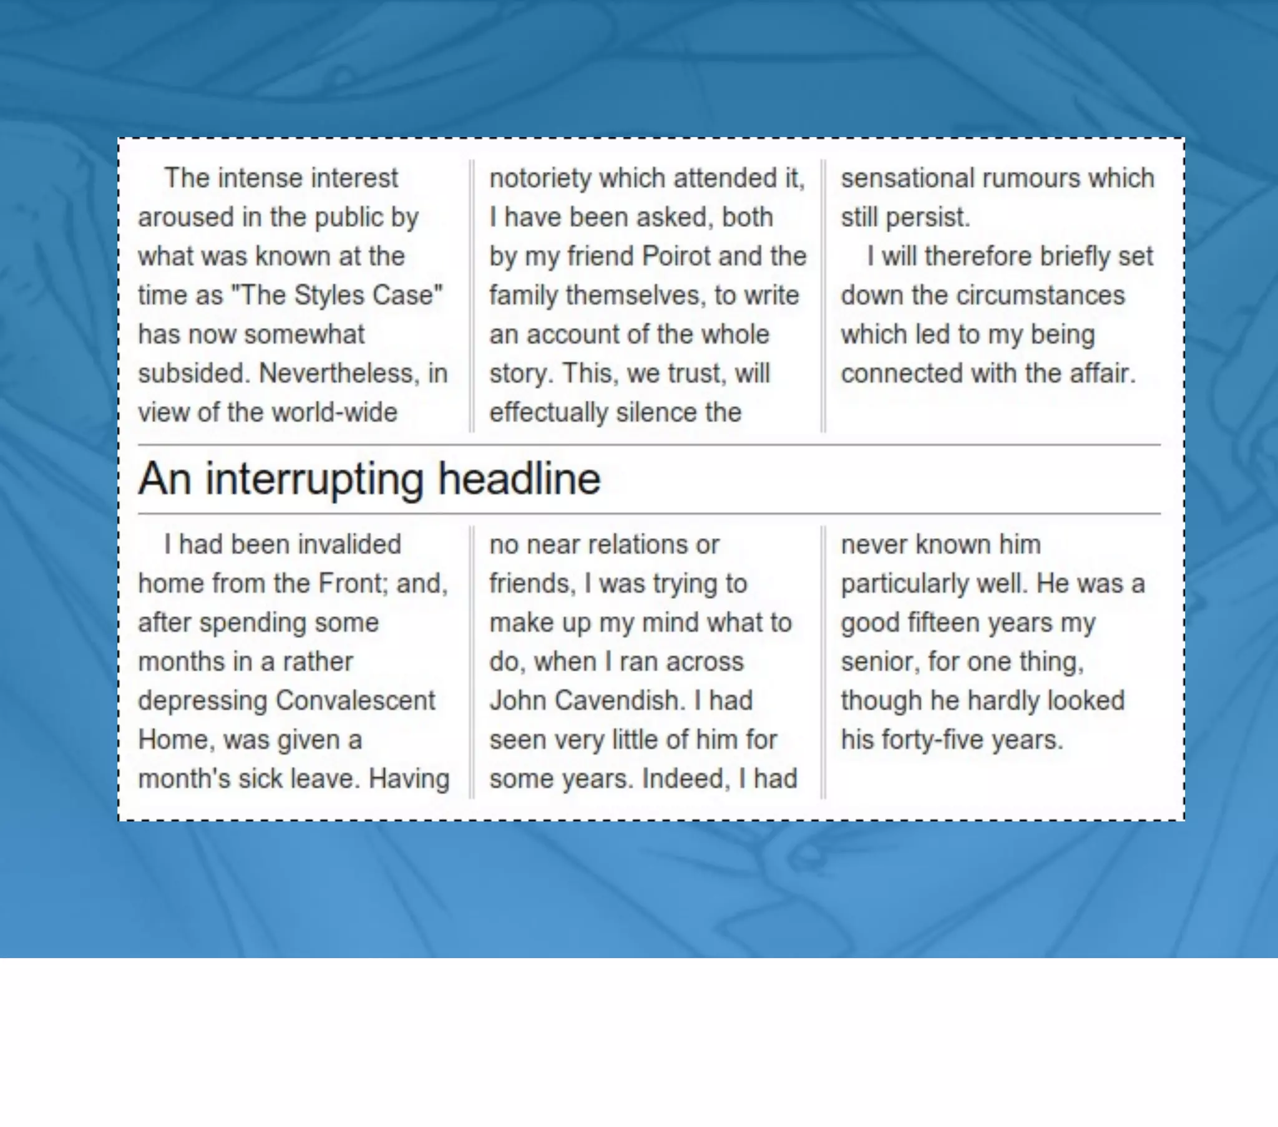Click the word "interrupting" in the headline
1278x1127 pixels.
point(314,480)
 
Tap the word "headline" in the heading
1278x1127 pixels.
point(519,480)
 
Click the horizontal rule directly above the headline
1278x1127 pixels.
point(649,445)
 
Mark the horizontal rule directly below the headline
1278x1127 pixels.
point(649,514)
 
